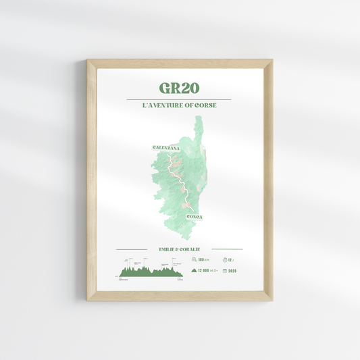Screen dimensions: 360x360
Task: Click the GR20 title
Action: [180, 89]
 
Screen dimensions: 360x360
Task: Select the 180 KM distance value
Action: [203, 259]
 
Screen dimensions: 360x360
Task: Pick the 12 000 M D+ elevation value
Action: [209, 271]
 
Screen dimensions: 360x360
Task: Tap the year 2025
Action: [232, 271]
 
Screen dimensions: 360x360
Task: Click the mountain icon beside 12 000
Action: [193, 271]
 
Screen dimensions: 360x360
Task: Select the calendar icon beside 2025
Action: [224, 271]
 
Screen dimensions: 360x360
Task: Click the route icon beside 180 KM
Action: [193, 259]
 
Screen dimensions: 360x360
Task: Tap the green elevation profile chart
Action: [150, 272]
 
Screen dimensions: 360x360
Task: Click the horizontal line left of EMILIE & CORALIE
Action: [133, 249]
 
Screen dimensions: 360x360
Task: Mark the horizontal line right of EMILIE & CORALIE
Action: [226, 249]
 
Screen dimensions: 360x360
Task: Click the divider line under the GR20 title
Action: [180, 100]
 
